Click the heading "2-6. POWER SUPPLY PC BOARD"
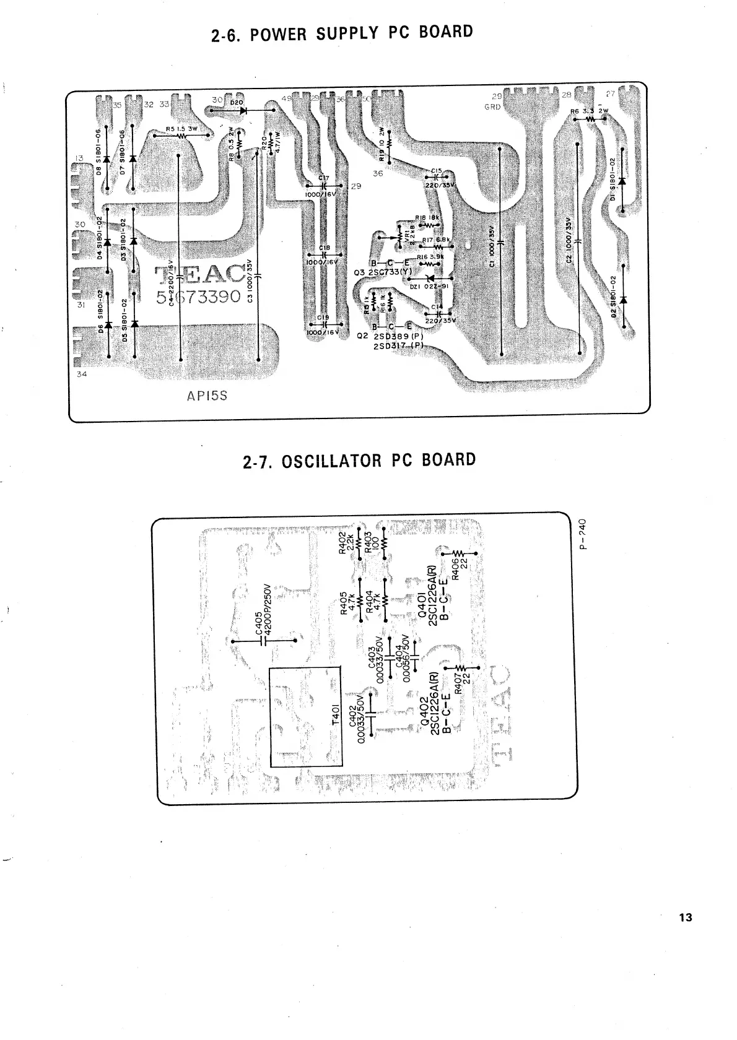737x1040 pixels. point(342,33)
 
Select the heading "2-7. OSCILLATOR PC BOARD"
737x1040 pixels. point(360,461)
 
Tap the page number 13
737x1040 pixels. point(685,917)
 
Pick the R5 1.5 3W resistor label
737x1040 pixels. point(181,129)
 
